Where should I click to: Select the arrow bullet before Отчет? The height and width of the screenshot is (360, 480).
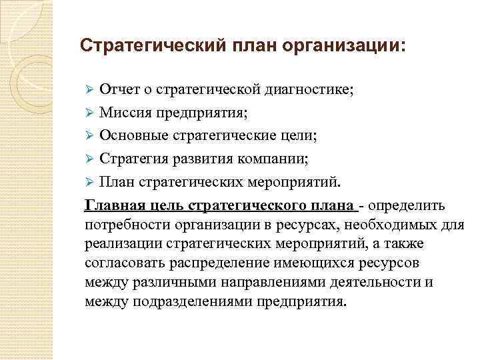coord(92,89)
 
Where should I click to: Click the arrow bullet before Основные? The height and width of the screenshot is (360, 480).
coord(92,136)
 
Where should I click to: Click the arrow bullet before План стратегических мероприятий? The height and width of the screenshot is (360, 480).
coord(92,183)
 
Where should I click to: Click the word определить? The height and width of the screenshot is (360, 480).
coord(412,206)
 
